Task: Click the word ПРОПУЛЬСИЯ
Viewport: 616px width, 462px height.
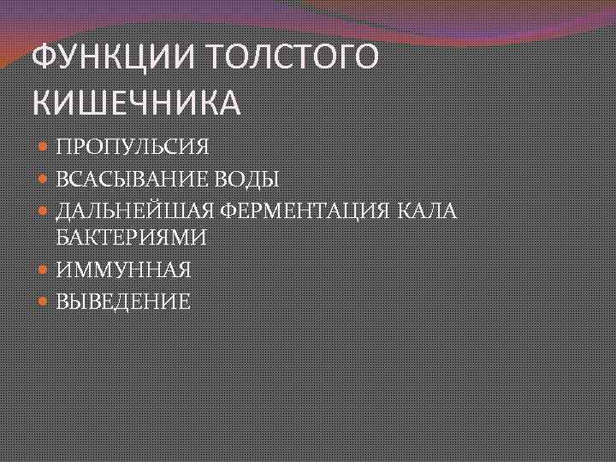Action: pos(133,147)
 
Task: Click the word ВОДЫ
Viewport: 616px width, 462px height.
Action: pos(248,179)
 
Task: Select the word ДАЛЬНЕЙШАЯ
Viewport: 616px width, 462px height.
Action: pos(134,210)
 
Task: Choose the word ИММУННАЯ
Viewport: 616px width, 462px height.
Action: pos(123,270)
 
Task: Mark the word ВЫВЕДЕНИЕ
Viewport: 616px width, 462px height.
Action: pos(123,301)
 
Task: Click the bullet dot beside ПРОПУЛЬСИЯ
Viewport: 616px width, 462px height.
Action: pos(44,147)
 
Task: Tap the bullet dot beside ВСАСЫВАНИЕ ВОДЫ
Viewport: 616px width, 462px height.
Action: pos(44,179)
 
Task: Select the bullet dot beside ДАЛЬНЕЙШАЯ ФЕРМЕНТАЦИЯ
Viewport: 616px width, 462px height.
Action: pos(44,210)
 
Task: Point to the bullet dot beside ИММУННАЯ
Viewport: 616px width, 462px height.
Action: pos(44,270)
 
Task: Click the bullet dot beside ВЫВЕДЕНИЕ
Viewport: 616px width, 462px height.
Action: pos(44,301)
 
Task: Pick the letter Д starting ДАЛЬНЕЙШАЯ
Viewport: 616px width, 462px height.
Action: pos(63,210)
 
